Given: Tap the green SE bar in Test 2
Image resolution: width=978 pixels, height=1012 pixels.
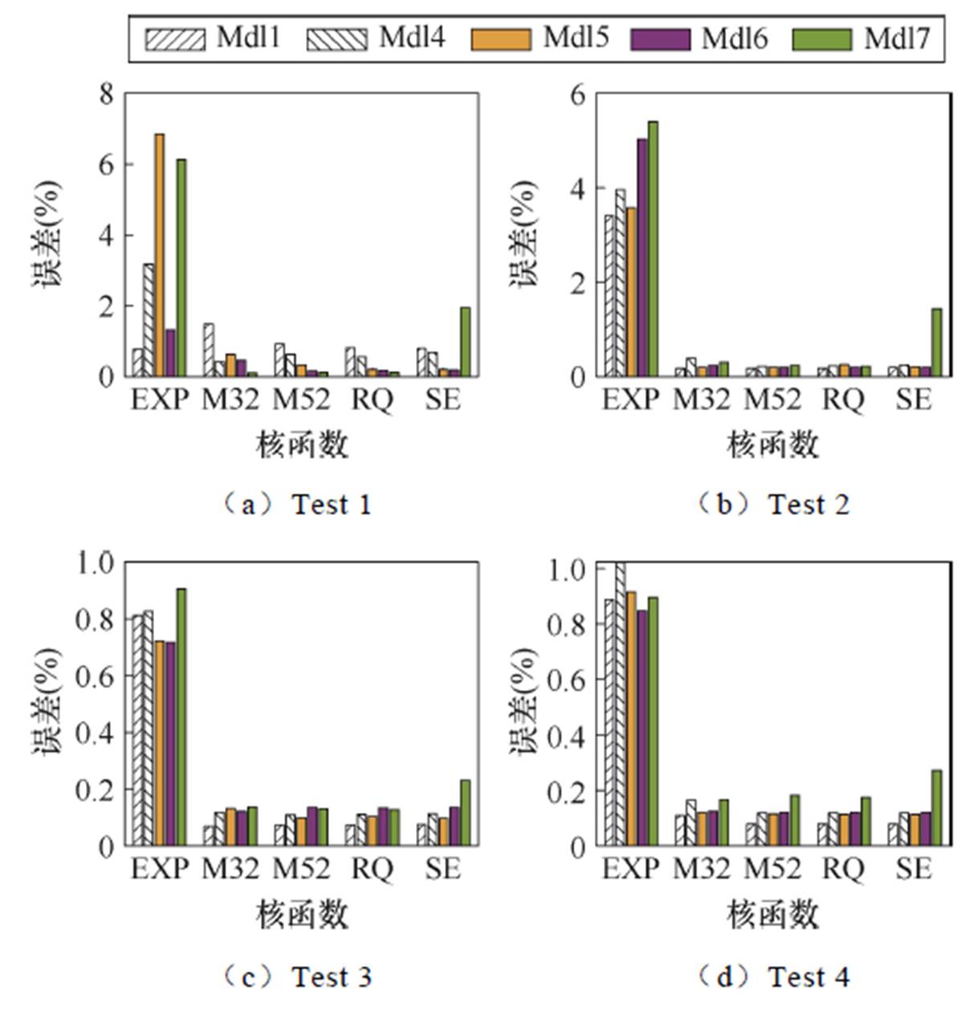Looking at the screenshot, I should [936, 343].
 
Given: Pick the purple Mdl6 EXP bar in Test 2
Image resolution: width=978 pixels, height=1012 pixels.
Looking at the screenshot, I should [642, 258].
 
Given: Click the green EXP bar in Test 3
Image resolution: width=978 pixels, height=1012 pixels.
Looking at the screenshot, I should [181, 717].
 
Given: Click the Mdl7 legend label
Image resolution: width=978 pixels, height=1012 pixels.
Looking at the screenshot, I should [896, 38].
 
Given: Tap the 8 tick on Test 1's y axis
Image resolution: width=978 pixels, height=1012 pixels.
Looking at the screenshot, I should [106, 95].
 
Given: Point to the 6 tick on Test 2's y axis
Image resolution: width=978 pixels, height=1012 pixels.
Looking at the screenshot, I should [577, 95].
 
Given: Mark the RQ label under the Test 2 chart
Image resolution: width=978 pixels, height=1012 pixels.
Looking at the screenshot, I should [843, 399].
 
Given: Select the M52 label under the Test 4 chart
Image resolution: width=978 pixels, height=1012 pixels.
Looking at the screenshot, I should [772, 868].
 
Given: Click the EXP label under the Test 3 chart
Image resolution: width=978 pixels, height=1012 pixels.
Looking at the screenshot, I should [160, 868].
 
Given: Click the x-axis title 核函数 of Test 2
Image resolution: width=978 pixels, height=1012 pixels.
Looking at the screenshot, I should [772, 444].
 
